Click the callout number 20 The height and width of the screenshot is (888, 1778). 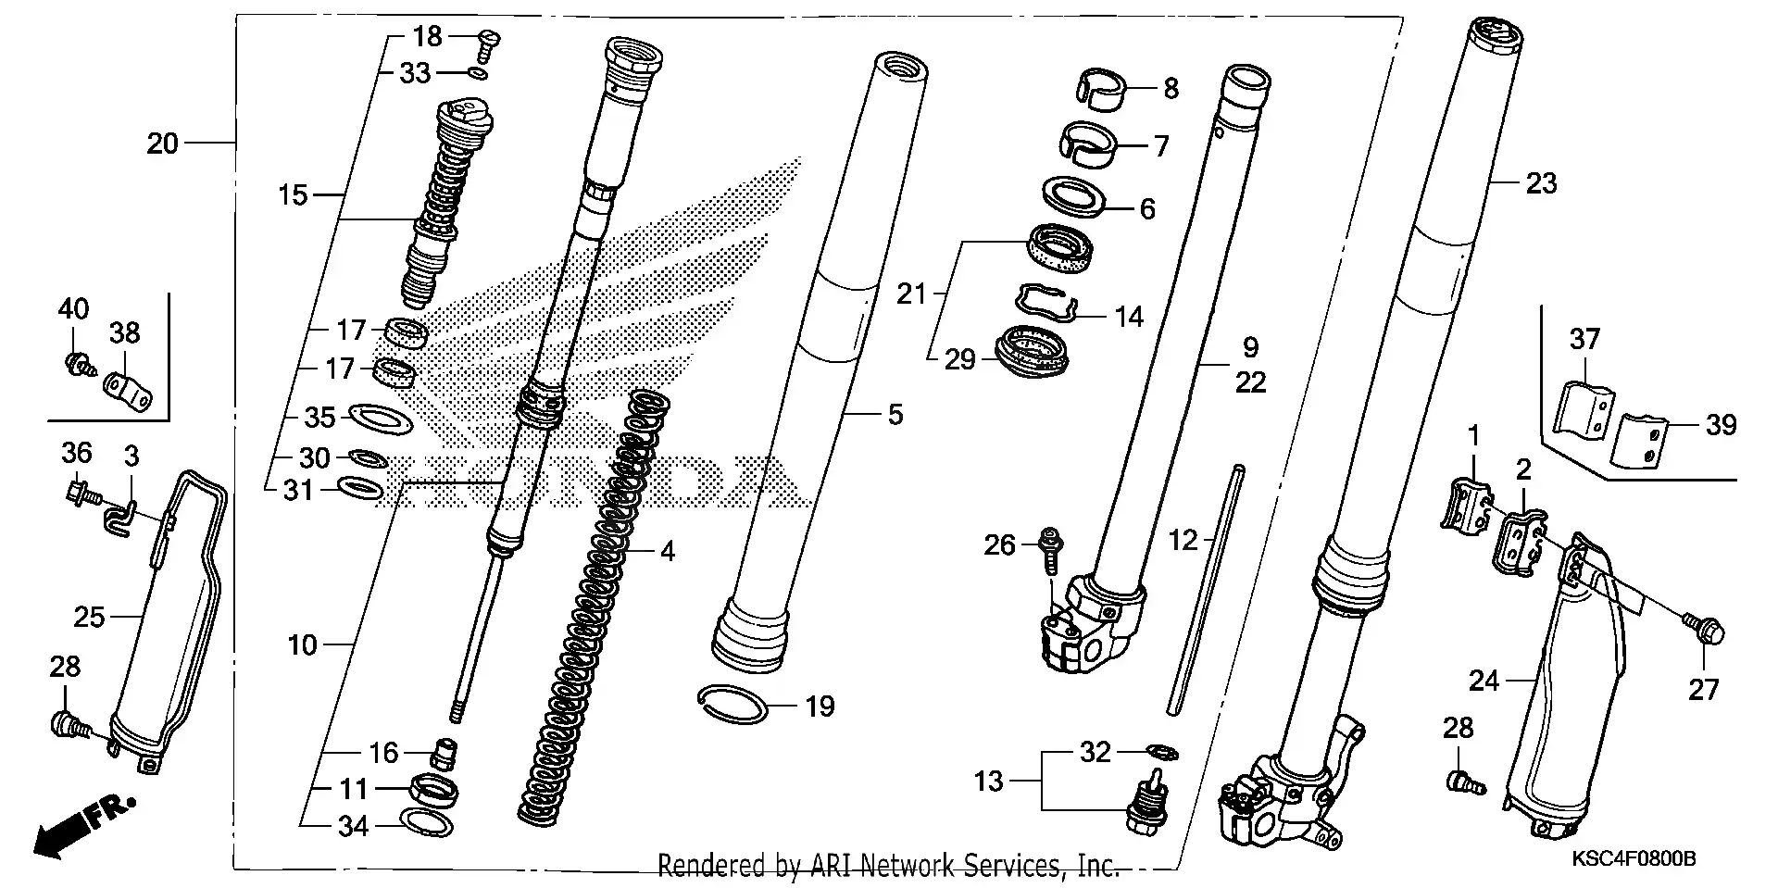pyautogui.click(x=162, y=144)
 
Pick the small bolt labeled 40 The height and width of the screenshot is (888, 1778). pyautogui.click(x=76, y=362)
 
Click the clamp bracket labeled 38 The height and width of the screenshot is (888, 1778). pyautogui.click(x=126, y=390)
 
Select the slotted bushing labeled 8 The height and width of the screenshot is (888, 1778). pyautogui.click(x=1103, y=89)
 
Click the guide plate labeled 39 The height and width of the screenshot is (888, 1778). pyautogui.click(x=1640, y=442)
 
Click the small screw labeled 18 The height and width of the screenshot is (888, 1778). pyautogui.click(x=488, y=39)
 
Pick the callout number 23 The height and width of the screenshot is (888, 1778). pyautogui.click(x=1541, y=183)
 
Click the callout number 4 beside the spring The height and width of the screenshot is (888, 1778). pyautogui.click(x=668, y=552)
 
